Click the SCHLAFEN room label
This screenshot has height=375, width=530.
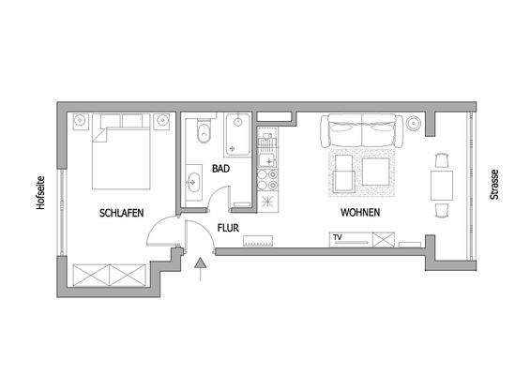tap(121, 213)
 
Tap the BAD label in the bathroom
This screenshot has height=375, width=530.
tap(220, 169)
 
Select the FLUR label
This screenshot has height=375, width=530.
tap(228, 227)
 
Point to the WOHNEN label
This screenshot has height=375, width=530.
tap(360, 213)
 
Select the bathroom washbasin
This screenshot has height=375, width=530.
tap(195, 181)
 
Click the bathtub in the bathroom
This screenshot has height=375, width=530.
tap(239, 136)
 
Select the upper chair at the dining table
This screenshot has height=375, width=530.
tap(441, 157)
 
